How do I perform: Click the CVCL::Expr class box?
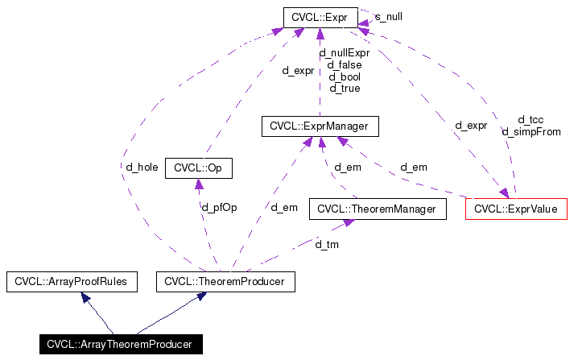coord(320,16)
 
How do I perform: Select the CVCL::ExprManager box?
coord(320,126)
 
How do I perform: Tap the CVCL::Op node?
coord(198,168)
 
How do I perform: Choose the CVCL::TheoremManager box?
coord(377,209)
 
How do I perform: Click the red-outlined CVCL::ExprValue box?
coord(516,209)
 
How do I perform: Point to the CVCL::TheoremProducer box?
coord(225,282)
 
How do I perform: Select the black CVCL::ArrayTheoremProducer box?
coord(118,345)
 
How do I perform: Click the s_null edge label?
coord(389,17)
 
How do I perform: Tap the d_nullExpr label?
coord(344,53)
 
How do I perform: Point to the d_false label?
coord(344,65)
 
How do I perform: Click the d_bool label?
coord(344,77)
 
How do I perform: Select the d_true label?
coord(344,89)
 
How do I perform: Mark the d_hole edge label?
coord(142,168)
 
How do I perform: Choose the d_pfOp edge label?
coord(219,208)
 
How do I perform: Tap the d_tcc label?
coord(531,119)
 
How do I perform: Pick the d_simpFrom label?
coord(531,131)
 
